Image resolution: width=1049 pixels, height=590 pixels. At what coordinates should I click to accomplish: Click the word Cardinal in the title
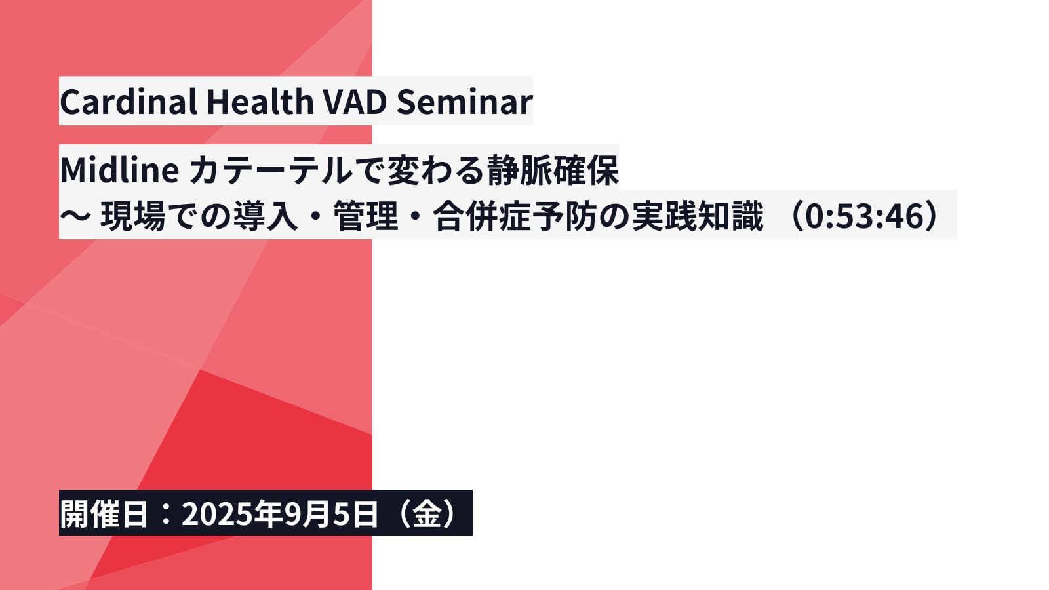(129, 102)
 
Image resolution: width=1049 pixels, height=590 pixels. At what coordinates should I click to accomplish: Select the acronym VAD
(355, 102)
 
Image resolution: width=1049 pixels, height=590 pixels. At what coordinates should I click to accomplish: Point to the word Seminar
(465, 102)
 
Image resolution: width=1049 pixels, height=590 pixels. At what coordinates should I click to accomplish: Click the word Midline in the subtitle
(119, 170)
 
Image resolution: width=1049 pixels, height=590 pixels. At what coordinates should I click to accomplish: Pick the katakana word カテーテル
(271, 170)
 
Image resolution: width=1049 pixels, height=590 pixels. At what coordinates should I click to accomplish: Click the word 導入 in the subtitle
(266, 216)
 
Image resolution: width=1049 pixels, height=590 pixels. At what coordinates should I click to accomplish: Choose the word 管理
(365, 216)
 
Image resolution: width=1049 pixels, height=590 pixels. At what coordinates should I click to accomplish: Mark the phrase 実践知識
(698, 216)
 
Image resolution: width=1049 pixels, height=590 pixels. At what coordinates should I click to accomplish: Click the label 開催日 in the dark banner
(104, 514)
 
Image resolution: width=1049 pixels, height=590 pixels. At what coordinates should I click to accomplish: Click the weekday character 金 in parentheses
(426, 514)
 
